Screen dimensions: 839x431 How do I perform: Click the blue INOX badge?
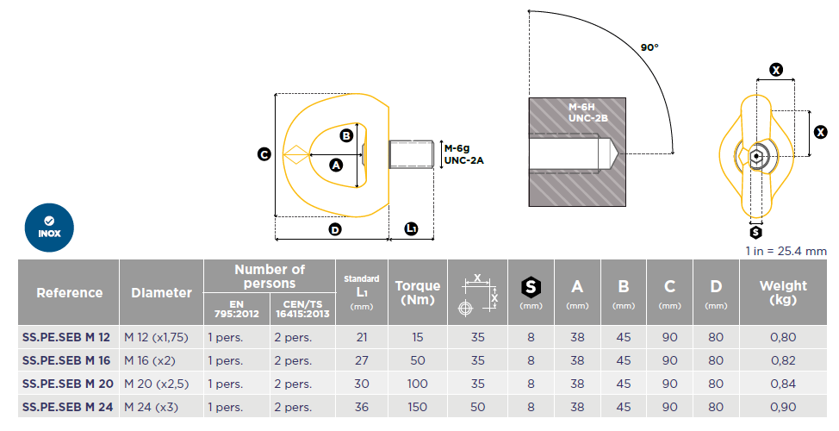[x=49, y=228]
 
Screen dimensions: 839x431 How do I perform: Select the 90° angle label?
[x=649, y=47]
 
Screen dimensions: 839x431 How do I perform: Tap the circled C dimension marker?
[x=264, y=154]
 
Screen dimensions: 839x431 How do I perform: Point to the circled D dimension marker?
[x=335, y=229]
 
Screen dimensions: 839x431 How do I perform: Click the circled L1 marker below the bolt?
[x=411, y=228]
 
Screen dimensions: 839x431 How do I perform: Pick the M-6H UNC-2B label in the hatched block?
[x=588, y=112]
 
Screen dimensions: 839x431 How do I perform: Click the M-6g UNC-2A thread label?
[x=464, y=154]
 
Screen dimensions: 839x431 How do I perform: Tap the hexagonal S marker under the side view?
[x=755, y=233]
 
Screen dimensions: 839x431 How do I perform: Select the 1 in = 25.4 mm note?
[x=786, y=251]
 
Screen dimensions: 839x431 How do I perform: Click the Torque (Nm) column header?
[x=418, y=292]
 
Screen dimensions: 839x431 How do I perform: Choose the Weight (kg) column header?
[x=783, y=292]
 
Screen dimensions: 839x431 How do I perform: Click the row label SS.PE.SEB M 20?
[x=68, y=384]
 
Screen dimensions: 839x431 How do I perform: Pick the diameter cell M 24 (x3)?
[x=152, y=408]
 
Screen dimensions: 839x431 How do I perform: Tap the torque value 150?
[x=418, y=408]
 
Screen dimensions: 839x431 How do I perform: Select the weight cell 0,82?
[x=783, y=361]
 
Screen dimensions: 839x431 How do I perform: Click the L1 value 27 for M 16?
[x=362, y=361]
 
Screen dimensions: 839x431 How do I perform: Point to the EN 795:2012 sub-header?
[x=237, y=309]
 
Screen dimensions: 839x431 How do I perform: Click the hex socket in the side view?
[x=756, y=156]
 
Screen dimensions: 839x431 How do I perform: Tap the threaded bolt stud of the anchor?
[x=411, y=154]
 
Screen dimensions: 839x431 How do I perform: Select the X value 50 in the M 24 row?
[x=478, y=408]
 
